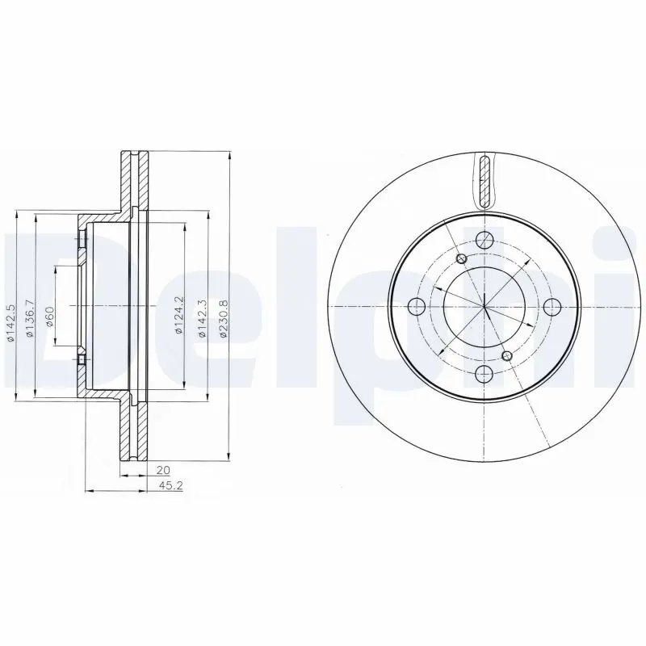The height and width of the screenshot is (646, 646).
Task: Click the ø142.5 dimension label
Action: tap(10, 322)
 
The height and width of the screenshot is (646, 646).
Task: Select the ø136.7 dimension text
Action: tap(30, 318)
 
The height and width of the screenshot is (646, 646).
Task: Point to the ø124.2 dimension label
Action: tap(179, 315)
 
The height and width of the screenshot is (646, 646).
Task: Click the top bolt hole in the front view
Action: tap(484, 240)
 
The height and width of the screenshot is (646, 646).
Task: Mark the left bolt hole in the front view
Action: tap(417, 306)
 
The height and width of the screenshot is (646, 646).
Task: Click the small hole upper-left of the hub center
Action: tap(461, 258)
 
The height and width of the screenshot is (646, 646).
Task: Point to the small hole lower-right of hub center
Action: tap(506, 354)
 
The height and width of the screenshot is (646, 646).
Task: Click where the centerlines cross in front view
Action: tap(484, 306)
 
